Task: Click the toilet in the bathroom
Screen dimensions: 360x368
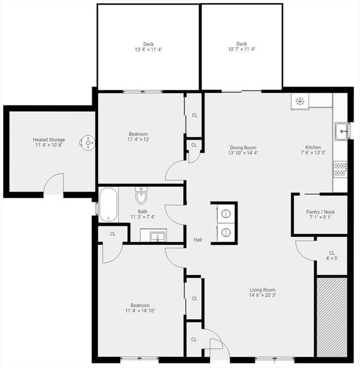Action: pyautogui.click(x=141, y=196)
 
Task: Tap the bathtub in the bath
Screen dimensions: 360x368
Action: pyautogui.click(x=109, y=205)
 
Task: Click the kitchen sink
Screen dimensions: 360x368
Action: pyautogui.click(x=341, y=131)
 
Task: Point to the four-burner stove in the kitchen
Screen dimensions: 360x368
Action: pyautogui.click(x=340, y=170)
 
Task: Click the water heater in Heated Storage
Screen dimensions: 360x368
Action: pyautogui.click(x=87, y=143)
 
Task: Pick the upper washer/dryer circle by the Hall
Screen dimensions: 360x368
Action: pyautogui.click(x=225, y=213)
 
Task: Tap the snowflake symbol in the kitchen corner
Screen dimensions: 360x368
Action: pyautogui.click(x=300, y=101)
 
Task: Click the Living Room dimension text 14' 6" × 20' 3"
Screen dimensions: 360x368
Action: pyautogui.click(x=263, y=295)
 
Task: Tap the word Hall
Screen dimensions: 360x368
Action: pyautogui.click(x=198, y=240)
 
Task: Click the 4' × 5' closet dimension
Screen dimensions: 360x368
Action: pyautogui.click(x=331, y=258)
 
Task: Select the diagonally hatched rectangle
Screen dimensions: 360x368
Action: pyautogui.click(x=332, y=317)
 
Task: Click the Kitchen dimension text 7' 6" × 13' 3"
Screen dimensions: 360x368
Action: pyautogui.click(x=313, y=153)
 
